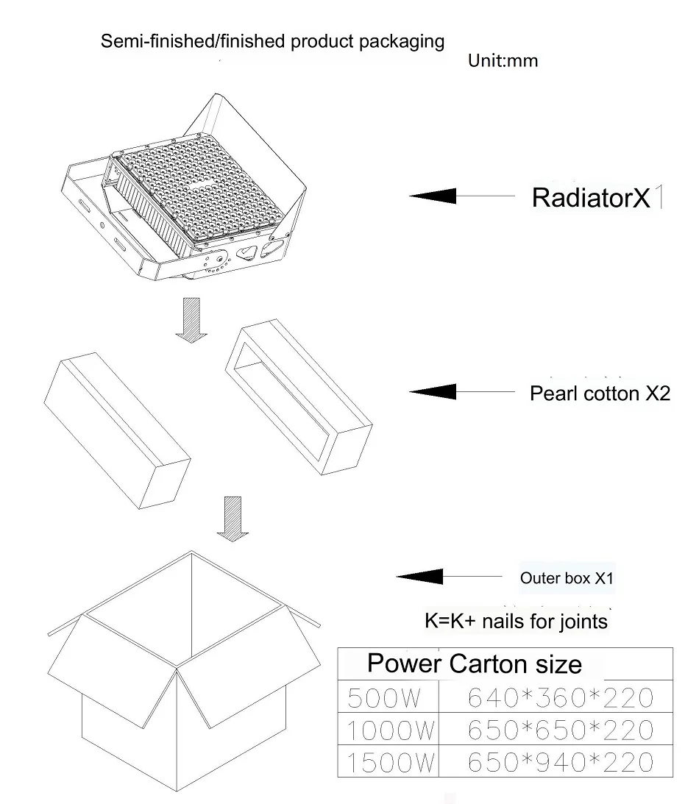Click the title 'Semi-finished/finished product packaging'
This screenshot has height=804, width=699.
point(272,41)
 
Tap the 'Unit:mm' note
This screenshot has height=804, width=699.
point(503,60)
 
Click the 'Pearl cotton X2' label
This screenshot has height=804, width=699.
point(600,394)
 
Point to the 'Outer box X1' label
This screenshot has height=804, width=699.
point(567,578)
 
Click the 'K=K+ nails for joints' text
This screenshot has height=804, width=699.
point(516,621)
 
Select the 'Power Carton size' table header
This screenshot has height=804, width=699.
point(475,664)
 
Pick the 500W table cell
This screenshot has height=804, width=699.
point(388,697)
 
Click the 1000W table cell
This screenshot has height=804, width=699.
point(388,729)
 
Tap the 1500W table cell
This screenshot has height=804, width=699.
point(388,761)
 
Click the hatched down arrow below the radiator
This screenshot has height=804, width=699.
point(191,320)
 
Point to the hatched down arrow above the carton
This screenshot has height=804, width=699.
point(233,519)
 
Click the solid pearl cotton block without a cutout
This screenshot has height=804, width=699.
point(118,431)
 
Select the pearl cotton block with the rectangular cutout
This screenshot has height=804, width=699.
point(299,397)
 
